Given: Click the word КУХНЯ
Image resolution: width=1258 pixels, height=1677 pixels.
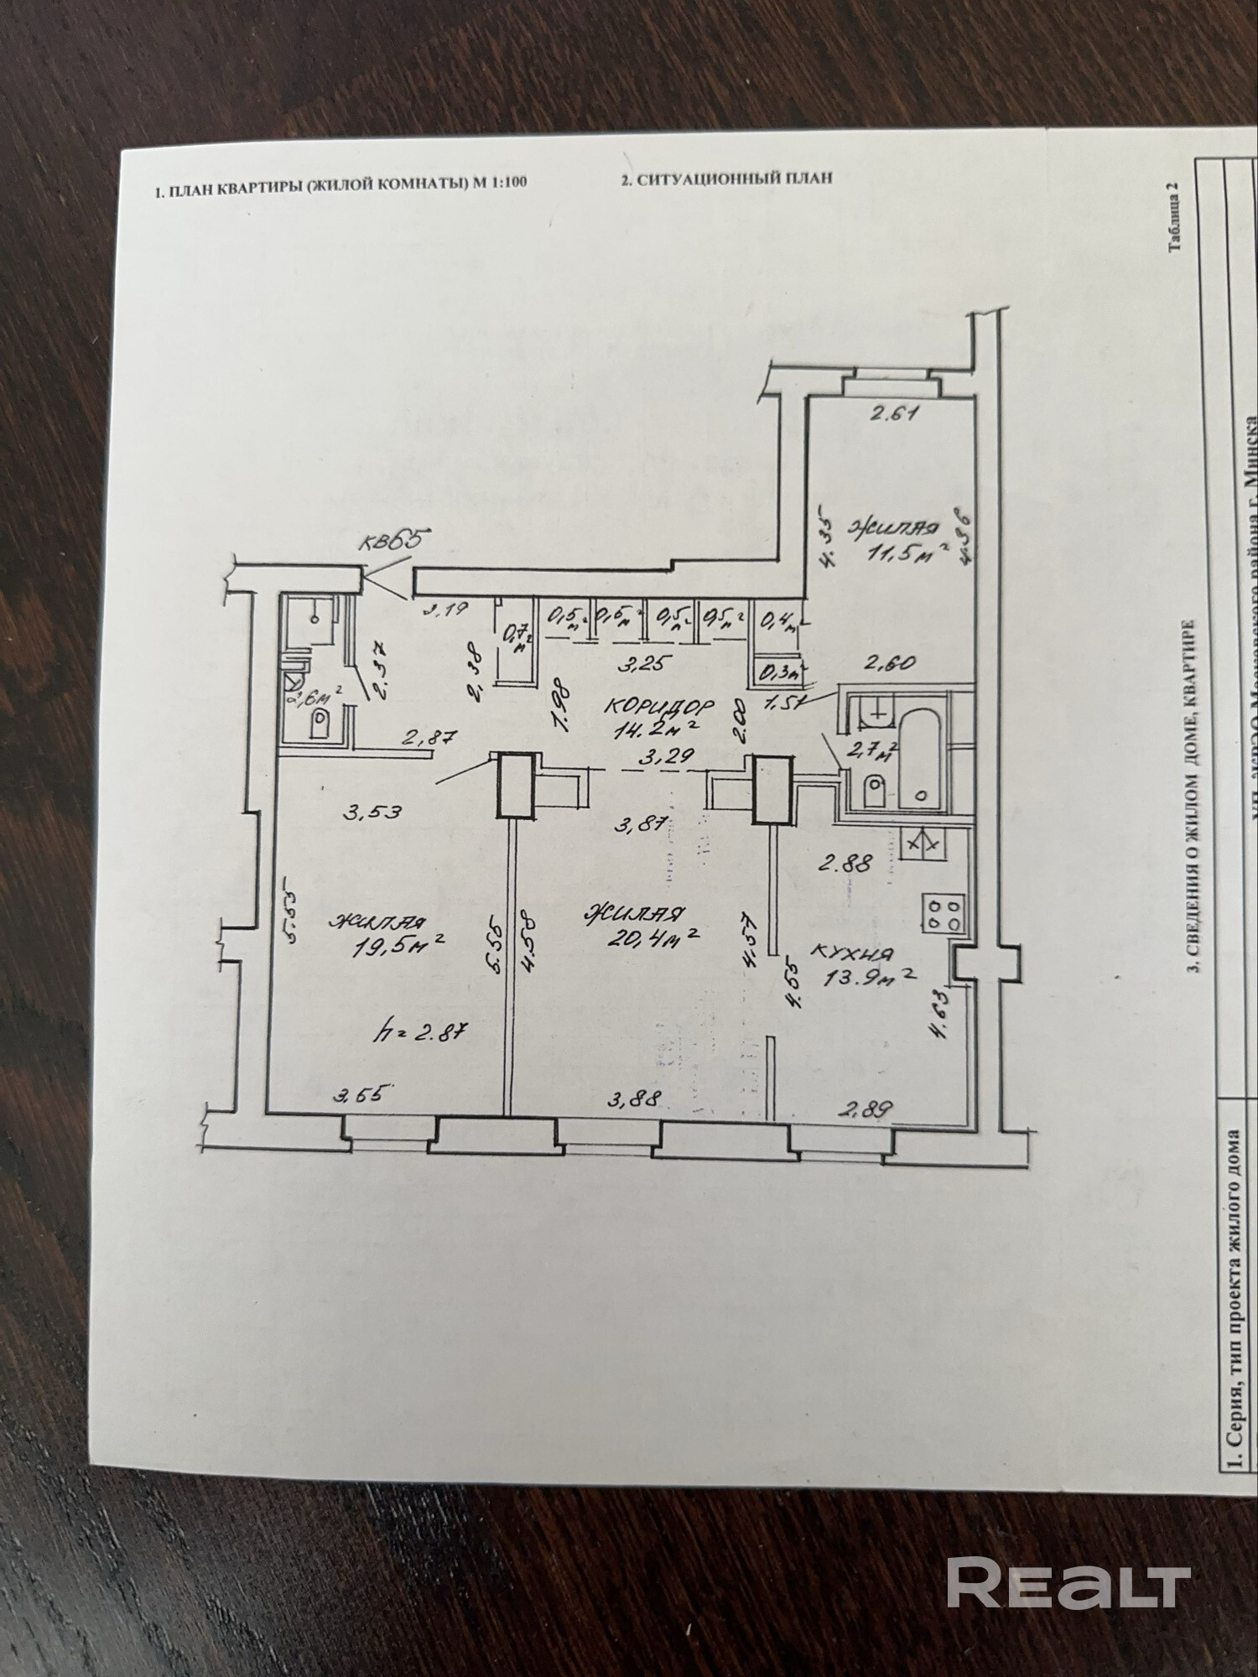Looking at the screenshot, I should tap(853, 953).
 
